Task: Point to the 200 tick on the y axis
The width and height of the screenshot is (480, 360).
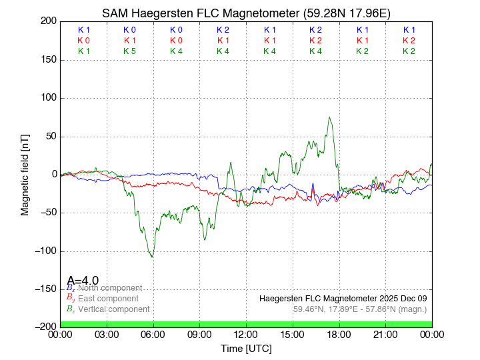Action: (48, 21)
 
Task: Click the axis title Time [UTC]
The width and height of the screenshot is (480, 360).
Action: (246, 349)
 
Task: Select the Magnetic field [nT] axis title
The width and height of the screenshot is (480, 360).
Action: (25, 174)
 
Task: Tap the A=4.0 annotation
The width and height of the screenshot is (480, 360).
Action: (83, 281)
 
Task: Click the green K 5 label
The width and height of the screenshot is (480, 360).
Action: (130, 51)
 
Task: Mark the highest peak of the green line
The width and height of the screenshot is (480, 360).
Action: (329, 117)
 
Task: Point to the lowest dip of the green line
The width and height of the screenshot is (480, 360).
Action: (152, 257)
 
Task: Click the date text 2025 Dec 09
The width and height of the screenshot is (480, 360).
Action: (399, 298)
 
